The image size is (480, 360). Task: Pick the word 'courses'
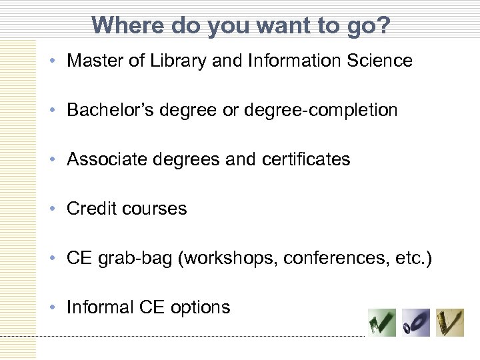(x=156, y=209)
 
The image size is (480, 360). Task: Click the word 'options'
(x=201, y=308)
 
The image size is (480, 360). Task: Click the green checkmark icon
(x=382, y=323)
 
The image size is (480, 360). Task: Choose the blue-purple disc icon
(x=416, y=323)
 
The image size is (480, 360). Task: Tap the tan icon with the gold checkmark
(x=450, y=323)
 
